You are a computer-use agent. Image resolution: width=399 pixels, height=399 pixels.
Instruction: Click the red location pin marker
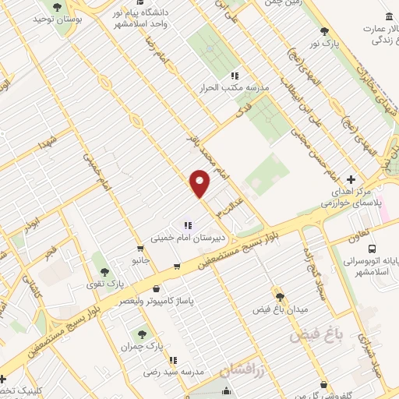click(x=201, y=184)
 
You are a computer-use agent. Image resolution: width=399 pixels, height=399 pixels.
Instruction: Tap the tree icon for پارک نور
click(x=324, y=31)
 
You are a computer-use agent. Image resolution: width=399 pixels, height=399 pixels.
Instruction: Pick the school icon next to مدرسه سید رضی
click(x=173, y=359)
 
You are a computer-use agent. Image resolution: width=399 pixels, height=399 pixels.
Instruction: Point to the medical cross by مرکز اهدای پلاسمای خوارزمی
click(x=351, y=178)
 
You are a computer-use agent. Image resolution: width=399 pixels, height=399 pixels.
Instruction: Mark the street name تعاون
click(x=343, y=230)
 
